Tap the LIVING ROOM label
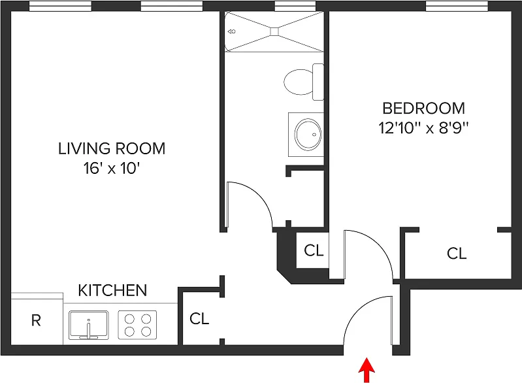click(112, 148)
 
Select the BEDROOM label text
click(423, 108)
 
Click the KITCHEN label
click(112, 290)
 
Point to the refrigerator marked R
click(37, 321)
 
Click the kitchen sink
click(89, 324)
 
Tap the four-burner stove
click(137, 324)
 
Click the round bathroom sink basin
click(306, 135)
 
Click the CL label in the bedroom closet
click(457, 253)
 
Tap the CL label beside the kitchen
click(199, 319)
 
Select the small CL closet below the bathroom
click(314, 251)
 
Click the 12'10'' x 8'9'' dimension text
click(424, 128)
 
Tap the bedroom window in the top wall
click(457, 7)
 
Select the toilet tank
click(318, 81)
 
